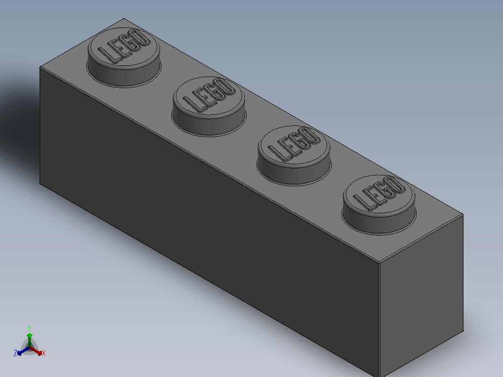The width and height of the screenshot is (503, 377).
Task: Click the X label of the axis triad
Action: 44,354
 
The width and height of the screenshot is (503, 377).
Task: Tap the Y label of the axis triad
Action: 29,328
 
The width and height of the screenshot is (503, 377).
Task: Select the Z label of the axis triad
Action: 15,353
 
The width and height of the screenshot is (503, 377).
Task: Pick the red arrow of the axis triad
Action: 39,351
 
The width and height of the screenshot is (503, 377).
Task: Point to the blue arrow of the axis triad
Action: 21,351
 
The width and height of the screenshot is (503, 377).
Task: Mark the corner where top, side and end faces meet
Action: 379,262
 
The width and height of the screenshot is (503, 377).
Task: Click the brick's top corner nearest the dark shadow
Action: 40,68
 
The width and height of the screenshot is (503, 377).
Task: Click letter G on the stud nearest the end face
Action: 384,191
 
